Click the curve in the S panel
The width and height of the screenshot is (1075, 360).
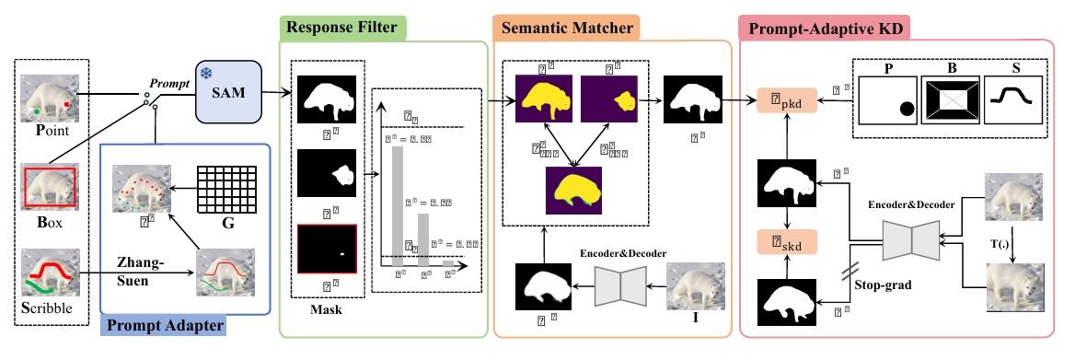(1017, 94)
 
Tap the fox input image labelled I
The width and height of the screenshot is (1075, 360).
(691, 285)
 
